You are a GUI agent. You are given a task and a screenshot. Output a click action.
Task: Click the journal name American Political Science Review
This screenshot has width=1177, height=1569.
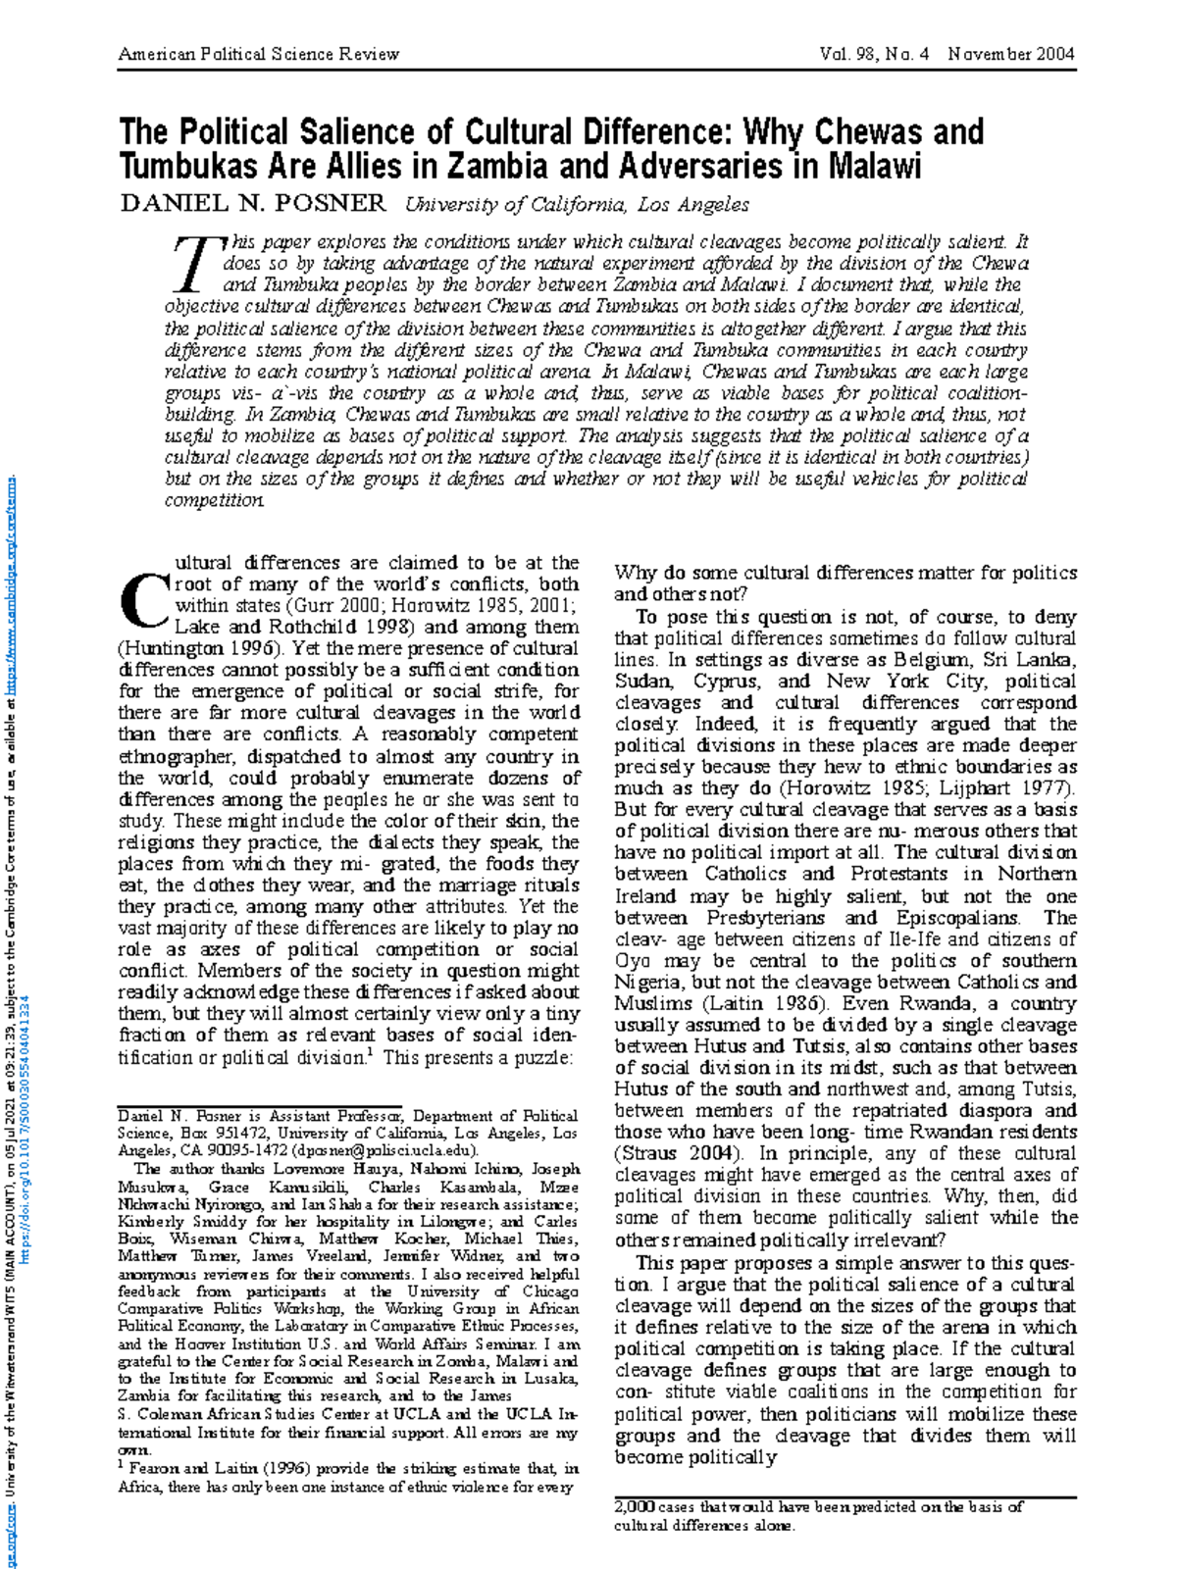tap(259, 54)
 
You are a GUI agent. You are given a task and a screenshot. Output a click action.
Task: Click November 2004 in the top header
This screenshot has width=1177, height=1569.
tap(1011, 54)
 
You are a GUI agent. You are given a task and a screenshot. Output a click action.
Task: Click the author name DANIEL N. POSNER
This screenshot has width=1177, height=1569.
tap(253, 203)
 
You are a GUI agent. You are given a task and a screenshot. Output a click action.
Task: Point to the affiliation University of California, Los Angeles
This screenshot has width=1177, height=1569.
tap(577, 204)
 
